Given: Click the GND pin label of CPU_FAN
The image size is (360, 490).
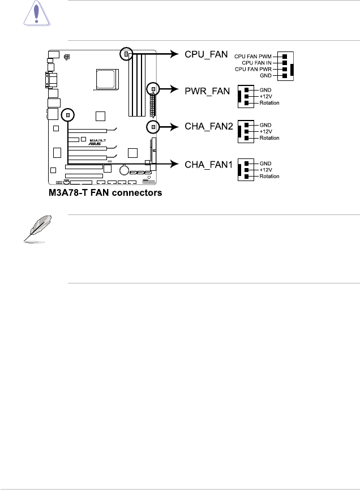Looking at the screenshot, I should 265,75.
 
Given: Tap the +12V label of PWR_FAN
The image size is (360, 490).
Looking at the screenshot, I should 267,96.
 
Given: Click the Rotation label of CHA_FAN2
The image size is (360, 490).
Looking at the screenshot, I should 269,138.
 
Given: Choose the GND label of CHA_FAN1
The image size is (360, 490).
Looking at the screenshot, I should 265,163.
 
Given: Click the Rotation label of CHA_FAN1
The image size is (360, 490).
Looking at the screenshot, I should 269,176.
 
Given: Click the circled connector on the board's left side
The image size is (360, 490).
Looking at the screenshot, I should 68,115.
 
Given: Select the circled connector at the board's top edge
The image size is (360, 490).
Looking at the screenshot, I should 126,54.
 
